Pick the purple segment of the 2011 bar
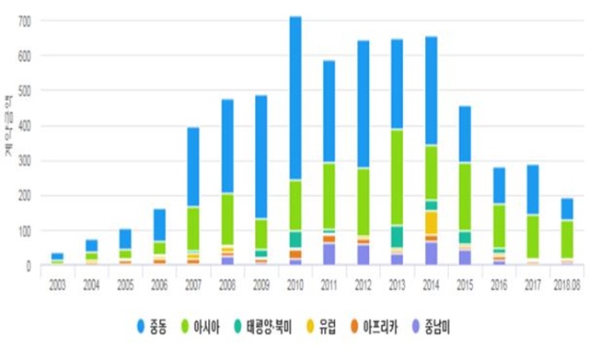click(x=329, y=254)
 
